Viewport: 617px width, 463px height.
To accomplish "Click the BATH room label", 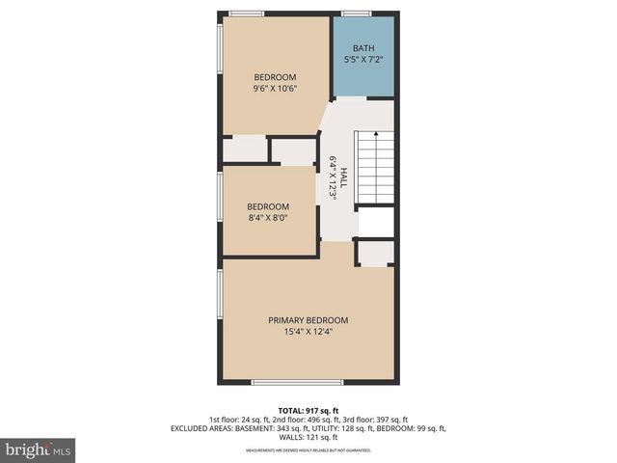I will point(362,48).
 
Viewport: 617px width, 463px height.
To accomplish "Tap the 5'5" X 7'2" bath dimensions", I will point(362,60).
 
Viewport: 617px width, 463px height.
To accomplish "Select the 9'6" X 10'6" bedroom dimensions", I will point(275,89).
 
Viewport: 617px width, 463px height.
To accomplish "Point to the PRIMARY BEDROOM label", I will point(308,320).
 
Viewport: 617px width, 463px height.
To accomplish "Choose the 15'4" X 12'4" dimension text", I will point(308,333).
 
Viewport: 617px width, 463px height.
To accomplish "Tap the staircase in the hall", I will point(375,166).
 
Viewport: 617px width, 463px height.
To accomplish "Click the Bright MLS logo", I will point(38,449).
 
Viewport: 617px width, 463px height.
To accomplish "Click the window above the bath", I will point(356,14).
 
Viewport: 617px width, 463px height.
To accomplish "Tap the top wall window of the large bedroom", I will point(247,14).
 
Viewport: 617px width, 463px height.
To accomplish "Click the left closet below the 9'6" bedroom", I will point(245,150).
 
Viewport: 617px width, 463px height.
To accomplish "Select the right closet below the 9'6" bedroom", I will point(293,151).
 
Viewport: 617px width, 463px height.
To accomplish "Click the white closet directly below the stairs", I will point(375,222).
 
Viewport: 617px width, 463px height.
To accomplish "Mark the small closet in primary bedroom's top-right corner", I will point(376,254).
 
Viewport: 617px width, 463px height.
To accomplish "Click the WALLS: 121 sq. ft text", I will point(308,436).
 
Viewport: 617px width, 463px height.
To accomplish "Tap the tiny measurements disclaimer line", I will point(308,450).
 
